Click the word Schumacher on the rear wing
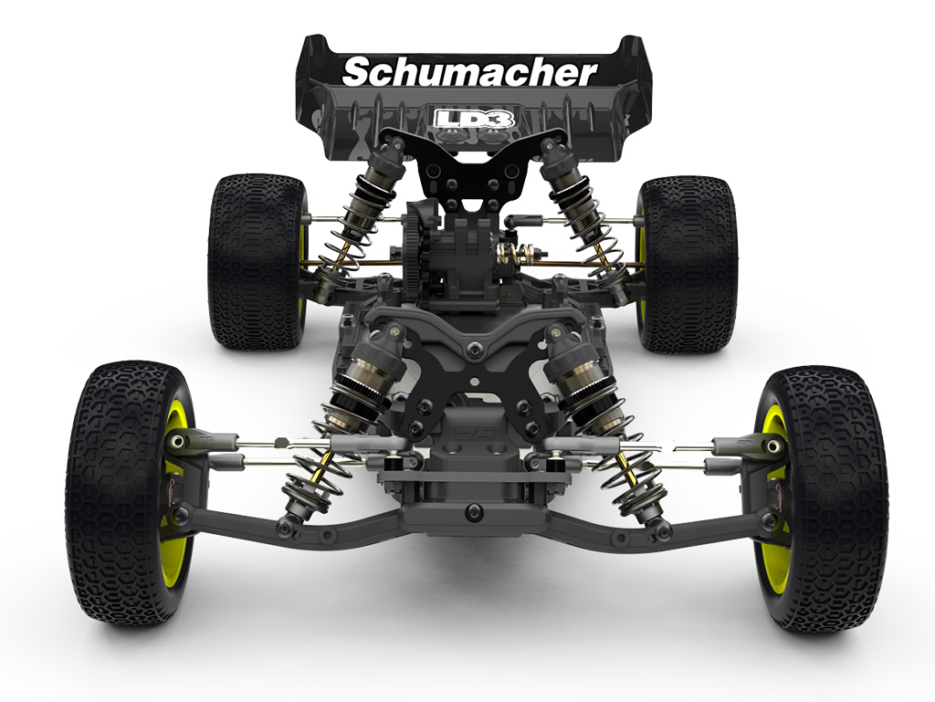pos(469,72)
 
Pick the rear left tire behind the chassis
pos(256,261)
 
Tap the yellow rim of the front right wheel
pos(773,499)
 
